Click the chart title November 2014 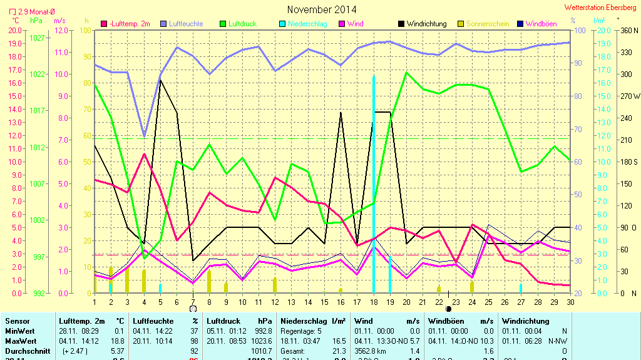322,9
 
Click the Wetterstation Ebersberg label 600,8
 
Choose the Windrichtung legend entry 426,24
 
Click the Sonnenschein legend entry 488,24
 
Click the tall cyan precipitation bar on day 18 374,188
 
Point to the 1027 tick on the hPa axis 38,38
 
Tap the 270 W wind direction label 629,96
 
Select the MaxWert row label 20,342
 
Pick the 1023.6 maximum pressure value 260,342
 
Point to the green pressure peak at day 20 406,73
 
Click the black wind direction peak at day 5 160,80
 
